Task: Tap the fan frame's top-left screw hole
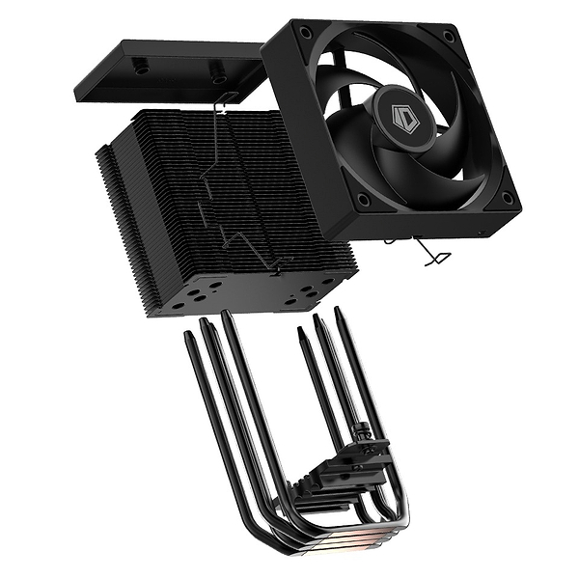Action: (x=306, y=33)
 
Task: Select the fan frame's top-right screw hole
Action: (x=449, y=36)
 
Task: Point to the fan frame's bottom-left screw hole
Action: (x=363, y=201)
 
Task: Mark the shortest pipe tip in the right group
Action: (x=301, y=330)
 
